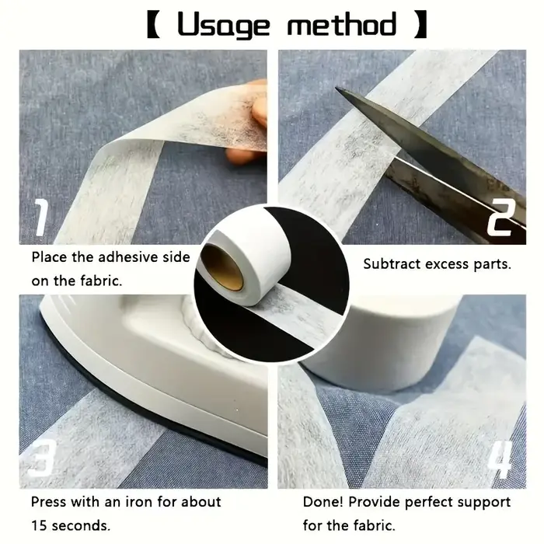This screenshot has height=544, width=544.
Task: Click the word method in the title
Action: coord(341,24)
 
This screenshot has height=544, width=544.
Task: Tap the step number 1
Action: coord(41,218)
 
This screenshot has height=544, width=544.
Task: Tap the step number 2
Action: coord(502,218)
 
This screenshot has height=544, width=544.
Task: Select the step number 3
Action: coord(42,458)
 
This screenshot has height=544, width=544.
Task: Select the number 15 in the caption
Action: coord(39,525)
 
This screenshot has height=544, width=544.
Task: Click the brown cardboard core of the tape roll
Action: coord(222,267)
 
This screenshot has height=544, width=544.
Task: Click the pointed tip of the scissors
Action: coord(336,88)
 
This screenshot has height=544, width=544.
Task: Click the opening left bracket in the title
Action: coord(153,24)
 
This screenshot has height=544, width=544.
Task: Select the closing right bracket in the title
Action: coord(421,24)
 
